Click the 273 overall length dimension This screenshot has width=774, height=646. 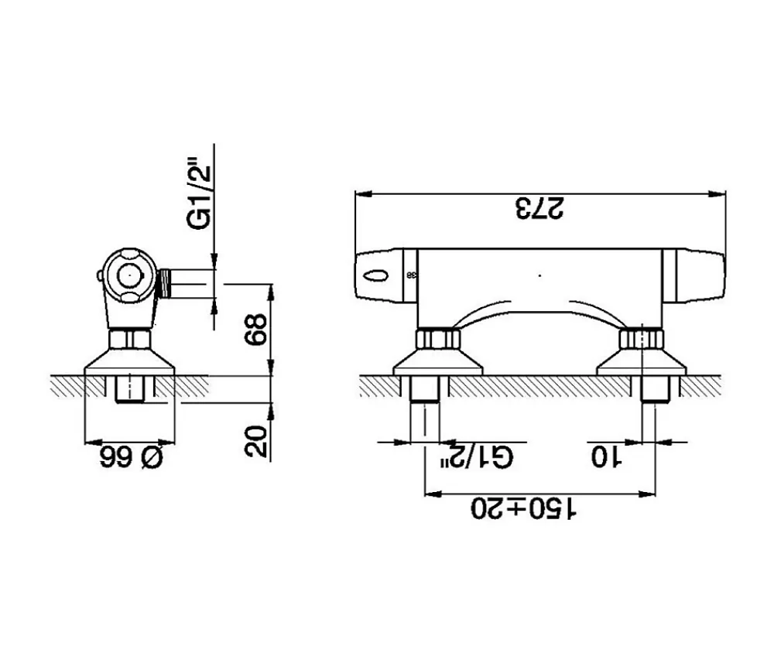[539, 208]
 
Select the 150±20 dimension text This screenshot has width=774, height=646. [524, 508]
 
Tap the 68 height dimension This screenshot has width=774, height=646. [257, 330]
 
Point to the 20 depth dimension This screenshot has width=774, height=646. [257, 441]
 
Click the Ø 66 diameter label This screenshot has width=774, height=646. [132, 457]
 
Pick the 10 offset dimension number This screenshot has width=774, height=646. [607, 456]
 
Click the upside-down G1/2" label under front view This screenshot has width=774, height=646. [477, 456]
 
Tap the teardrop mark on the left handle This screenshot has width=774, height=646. [376, 275]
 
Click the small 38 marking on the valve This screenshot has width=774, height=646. [411, 275]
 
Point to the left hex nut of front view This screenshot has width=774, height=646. [438, 340]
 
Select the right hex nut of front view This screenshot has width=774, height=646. [642, 340]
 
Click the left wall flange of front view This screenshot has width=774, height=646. [437, 363]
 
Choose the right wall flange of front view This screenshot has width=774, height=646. [642, 363]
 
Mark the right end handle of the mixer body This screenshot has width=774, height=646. [694, 275]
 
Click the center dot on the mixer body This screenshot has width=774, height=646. [539, 275]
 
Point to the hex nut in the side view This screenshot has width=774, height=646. [130, 339]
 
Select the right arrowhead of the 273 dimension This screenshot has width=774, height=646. [717, 194]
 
